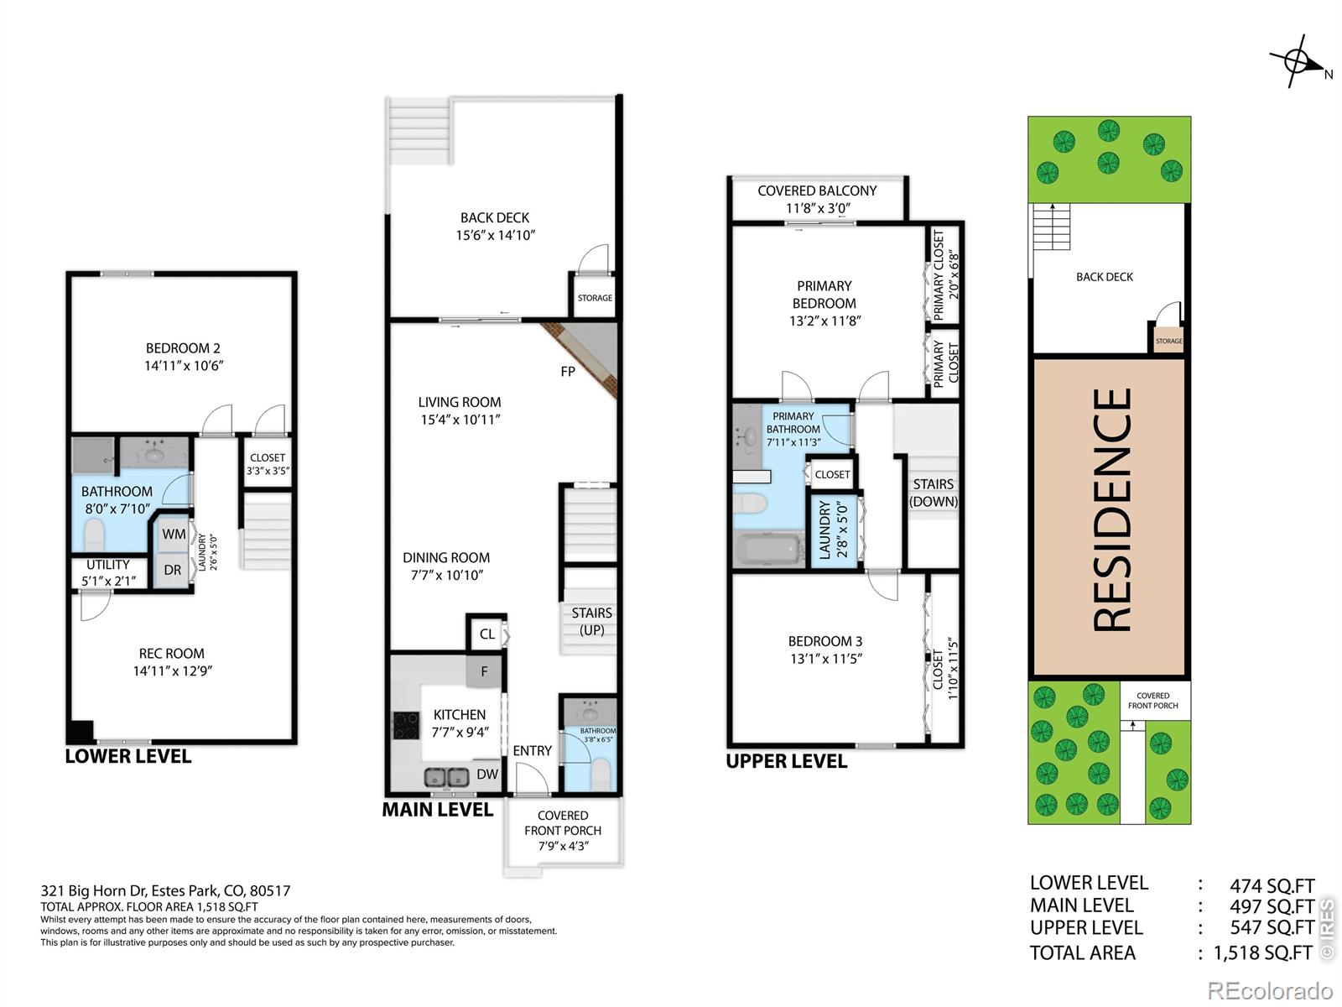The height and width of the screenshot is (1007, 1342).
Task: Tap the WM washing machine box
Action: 173,535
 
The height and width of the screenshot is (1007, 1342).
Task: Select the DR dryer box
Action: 172,571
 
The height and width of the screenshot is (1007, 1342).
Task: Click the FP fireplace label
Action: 567,371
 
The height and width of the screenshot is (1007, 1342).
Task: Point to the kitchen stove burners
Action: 406,726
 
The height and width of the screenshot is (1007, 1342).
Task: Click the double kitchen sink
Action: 446,777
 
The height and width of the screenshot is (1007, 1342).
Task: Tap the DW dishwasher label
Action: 487,774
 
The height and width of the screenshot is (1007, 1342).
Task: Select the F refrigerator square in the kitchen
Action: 484,671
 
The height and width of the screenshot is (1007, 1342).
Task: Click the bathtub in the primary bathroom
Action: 769,549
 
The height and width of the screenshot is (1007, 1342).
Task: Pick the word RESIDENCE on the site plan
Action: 1111,510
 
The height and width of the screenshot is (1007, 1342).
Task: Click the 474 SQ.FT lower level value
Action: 1272,885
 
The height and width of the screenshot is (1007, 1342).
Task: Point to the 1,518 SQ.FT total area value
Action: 1262,952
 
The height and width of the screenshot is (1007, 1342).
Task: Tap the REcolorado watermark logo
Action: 1270,990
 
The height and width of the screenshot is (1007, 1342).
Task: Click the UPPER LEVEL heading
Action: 786,761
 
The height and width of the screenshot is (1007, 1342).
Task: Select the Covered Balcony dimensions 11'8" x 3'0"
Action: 818,208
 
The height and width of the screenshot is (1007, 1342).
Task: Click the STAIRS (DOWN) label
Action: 933,493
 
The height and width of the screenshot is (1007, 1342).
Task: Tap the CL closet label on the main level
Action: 486,634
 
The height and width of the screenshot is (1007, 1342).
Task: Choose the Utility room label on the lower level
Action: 108,572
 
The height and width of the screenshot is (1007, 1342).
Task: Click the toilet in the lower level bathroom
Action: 94,535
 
